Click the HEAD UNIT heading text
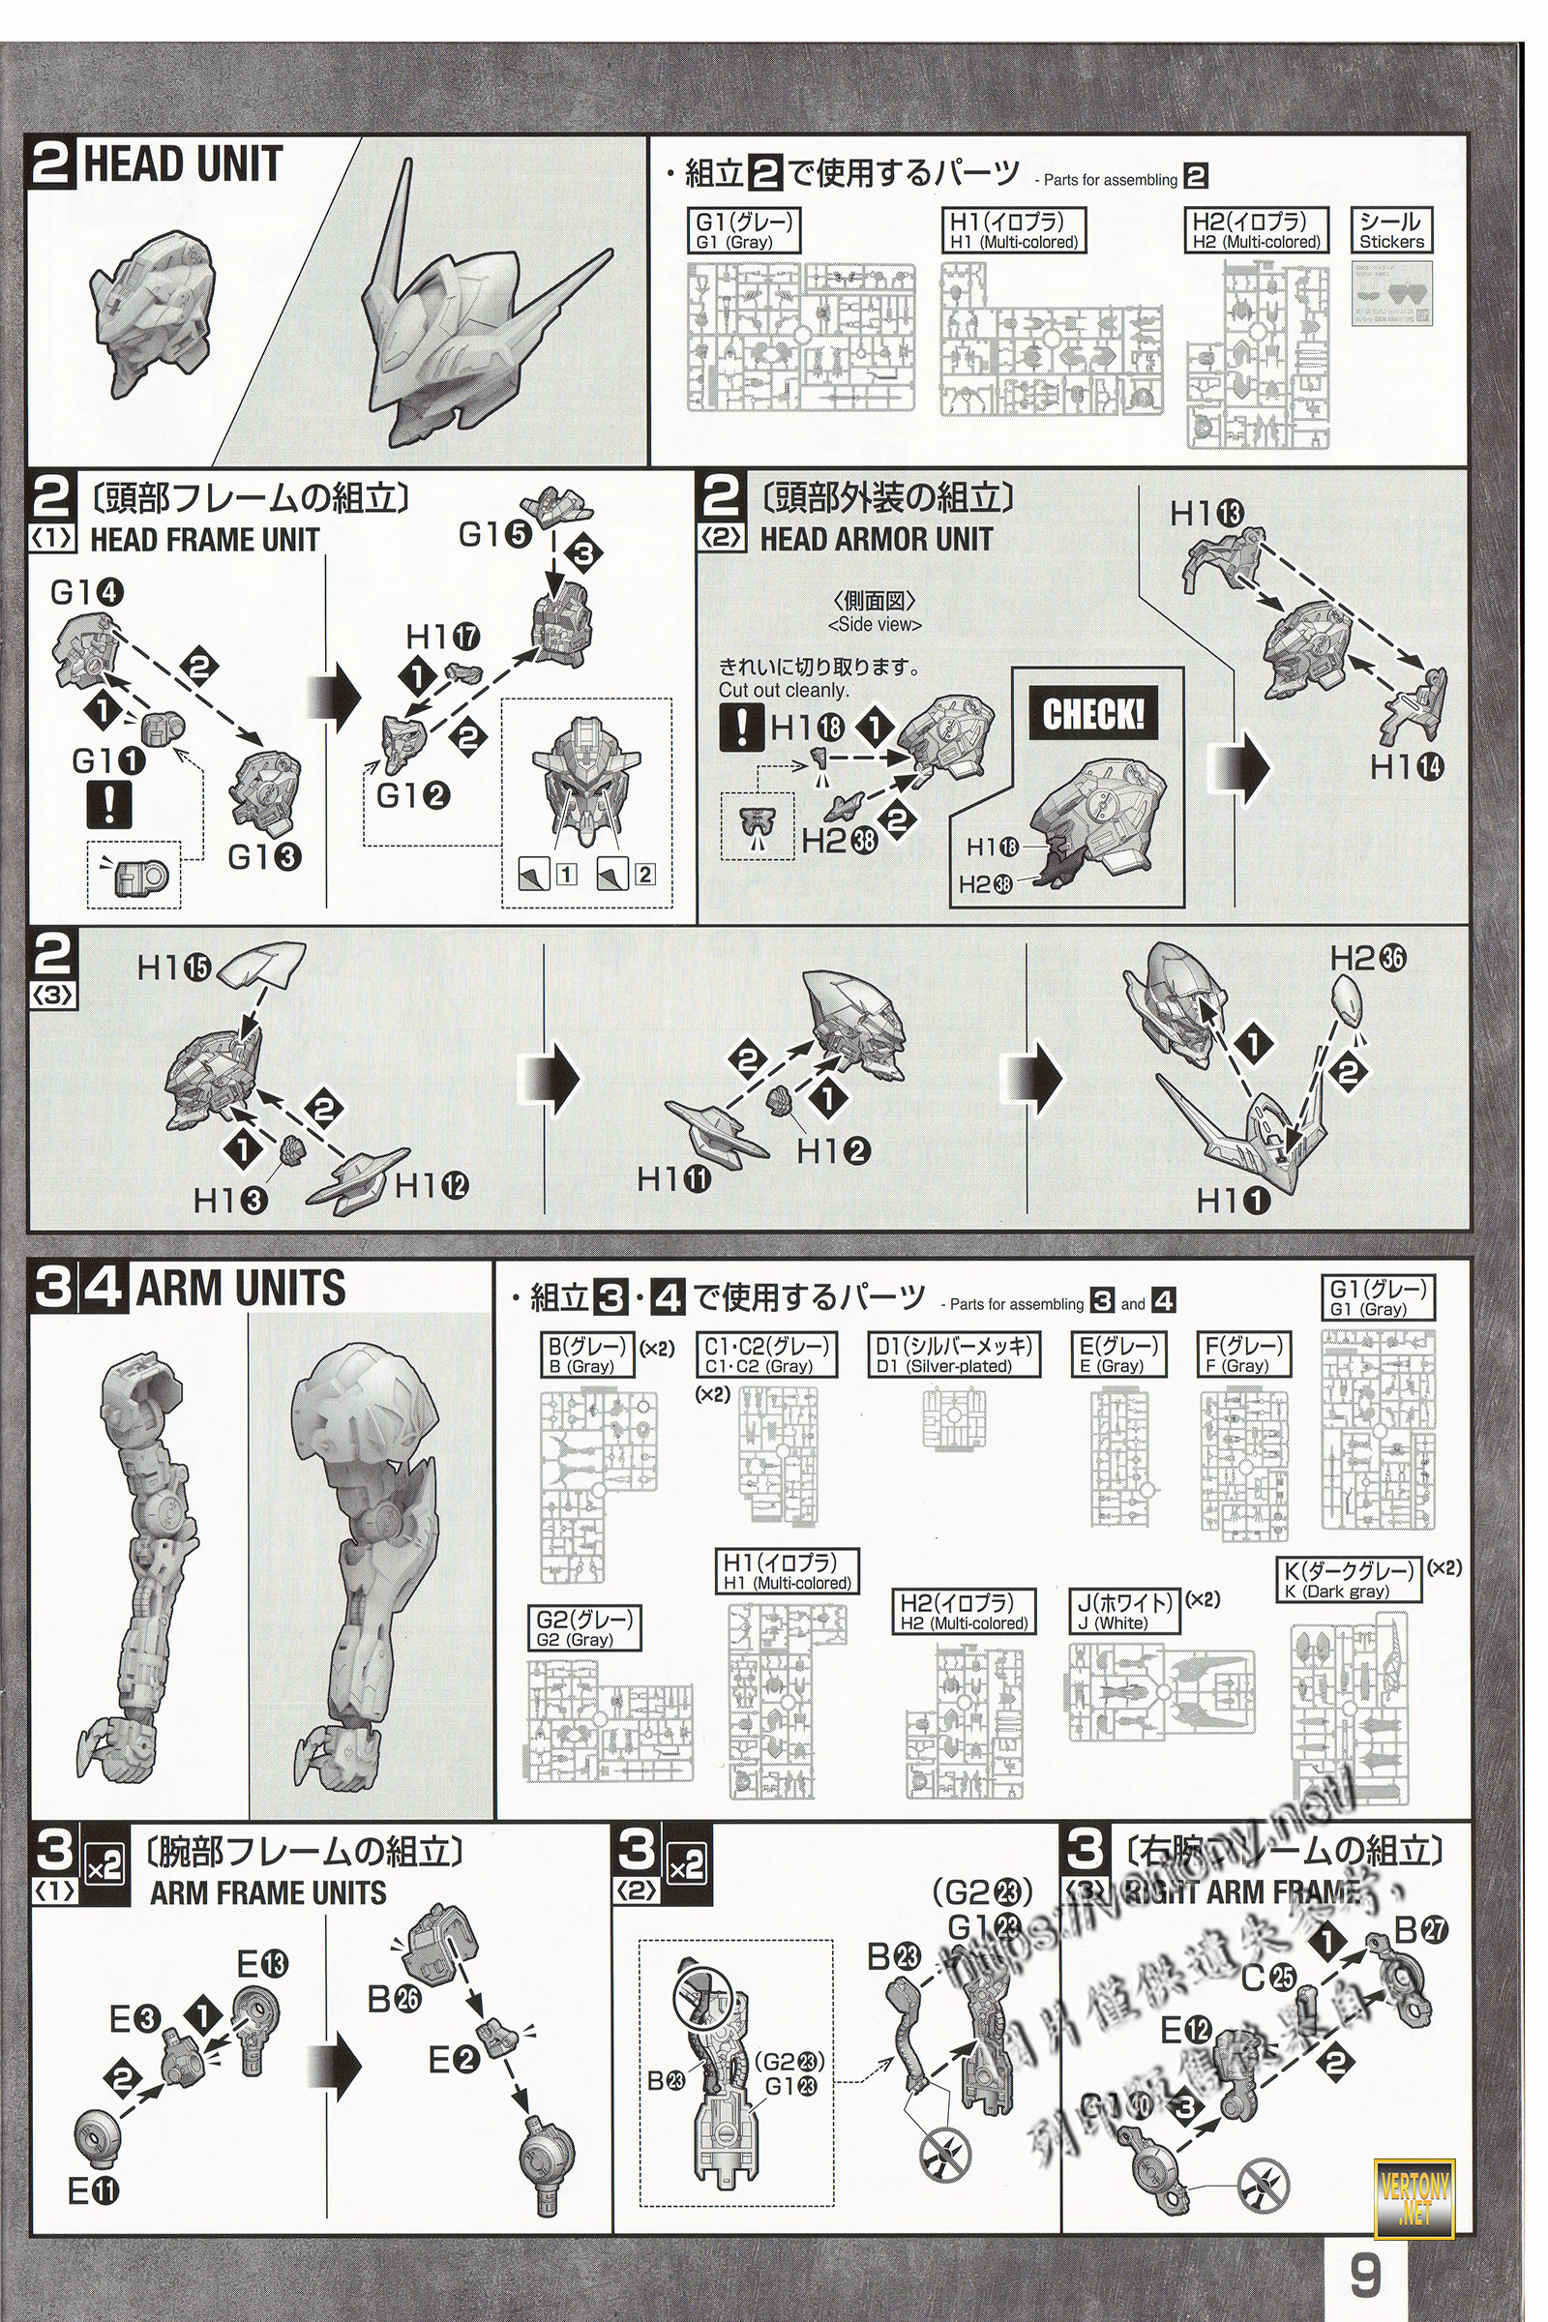coord(184,164)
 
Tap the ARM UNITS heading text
coord(240,1289)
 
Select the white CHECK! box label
coord(1093,714)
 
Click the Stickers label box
coord(1391,231)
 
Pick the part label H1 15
coord(174,968)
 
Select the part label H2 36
coord(1367,958)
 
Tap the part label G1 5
coord(495,535)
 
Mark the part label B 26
coord(395,1999)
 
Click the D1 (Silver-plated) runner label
coord(957,1355)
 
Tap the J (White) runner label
coord(1125,1612)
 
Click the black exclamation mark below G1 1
coord(107,805)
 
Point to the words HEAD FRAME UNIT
coord(204,540)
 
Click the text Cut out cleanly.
coord(783,690)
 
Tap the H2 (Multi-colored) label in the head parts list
coord(1257,231)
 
